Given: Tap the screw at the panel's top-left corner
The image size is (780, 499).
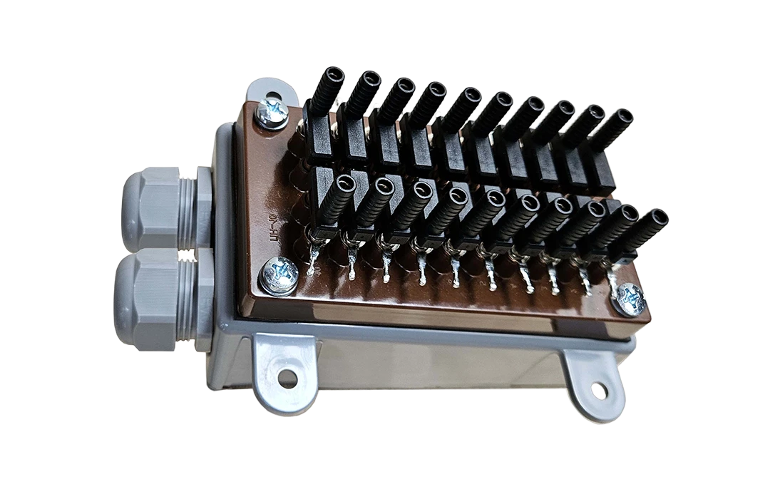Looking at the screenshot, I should point(272,113).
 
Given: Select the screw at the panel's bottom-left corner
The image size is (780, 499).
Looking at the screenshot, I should point(279,275).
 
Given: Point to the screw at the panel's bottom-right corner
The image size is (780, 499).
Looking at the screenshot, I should point(631,299).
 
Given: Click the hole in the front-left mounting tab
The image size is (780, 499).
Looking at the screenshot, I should point(287,378).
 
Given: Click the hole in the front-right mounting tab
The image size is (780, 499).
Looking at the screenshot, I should point(599,390).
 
